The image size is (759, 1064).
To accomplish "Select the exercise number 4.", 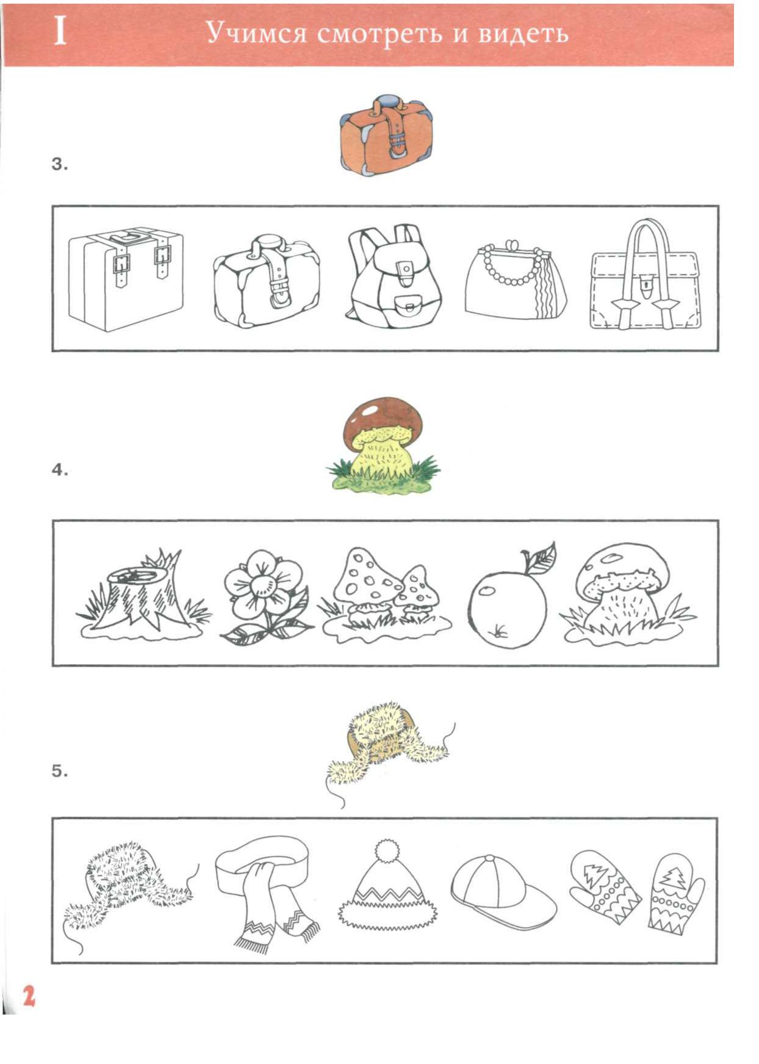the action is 59,470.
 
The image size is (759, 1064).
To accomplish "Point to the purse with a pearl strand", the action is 515,280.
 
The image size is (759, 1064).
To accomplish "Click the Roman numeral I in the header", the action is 60,32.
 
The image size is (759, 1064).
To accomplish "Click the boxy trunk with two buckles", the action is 126,279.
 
